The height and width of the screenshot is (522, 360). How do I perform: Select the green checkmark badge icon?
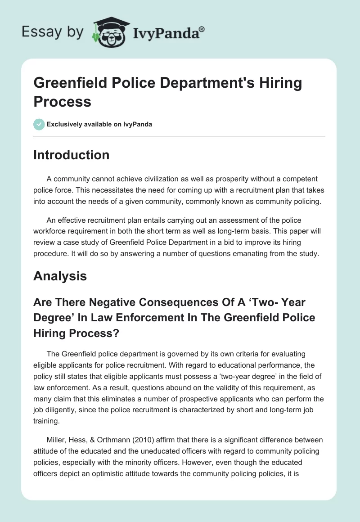39,124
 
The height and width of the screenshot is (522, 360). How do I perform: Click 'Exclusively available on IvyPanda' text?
99,124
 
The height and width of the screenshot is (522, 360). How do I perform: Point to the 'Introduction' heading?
71,155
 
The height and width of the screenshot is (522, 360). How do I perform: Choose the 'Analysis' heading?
60,275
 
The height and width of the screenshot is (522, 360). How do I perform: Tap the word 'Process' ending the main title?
62,101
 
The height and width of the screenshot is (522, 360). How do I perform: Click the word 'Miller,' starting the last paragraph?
56,440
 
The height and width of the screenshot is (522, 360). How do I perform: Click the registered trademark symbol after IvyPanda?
202,29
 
